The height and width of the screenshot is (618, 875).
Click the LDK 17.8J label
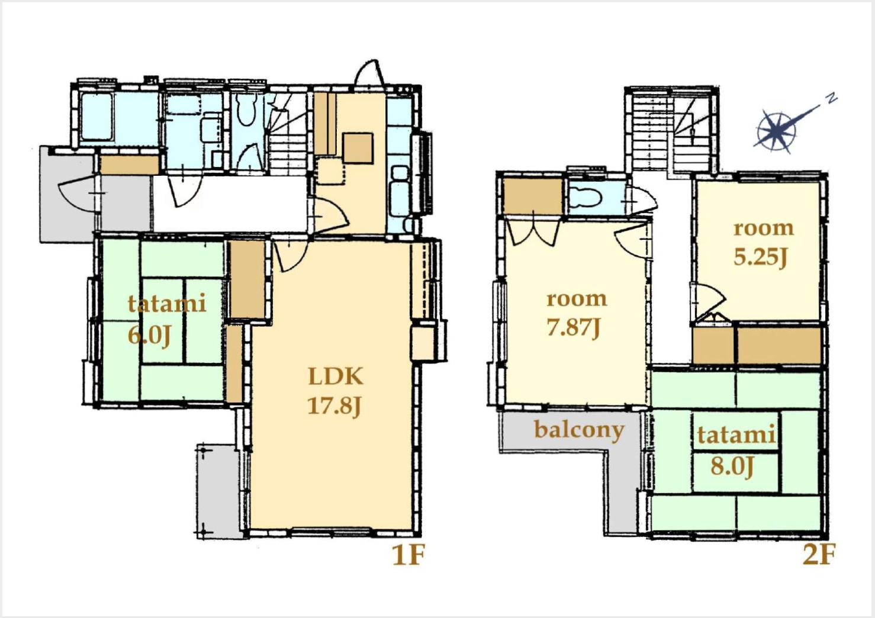tap(336, 391)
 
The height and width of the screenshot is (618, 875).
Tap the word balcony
tap(579, 430)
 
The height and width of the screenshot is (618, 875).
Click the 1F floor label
tap(408, 555)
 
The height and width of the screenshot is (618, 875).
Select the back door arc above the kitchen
tap(369, 73)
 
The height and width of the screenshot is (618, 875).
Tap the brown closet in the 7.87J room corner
tap(532, 196)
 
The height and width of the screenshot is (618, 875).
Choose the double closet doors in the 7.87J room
tap(533, 233)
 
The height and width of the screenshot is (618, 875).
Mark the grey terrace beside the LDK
tap(217, 490)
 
